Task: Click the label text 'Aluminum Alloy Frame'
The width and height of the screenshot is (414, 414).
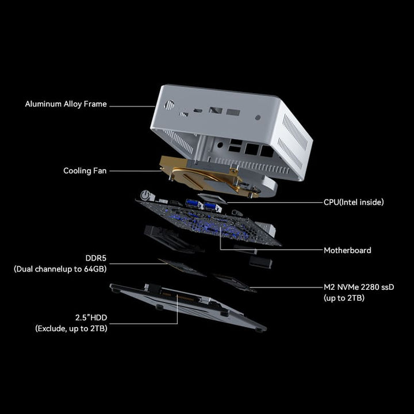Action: point(66,105)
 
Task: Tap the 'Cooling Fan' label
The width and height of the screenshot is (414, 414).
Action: point(85,171)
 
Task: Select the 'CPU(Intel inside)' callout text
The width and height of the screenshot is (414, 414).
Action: point(354,202)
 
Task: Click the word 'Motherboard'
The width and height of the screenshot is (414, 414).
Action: point(347,250)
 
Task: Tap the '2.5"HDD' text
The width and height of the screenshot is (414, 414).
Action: point(90,317)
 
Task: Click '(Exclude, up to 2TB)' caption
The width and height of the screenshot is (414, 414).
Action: point(71,328)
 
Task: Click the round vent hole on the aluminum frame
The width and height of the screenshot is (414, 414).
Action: point(170,105)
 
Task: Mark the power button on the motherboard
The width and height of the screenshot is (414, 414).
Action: point(147,195)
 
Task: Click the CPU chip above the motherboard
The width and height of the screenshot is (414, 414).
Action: point(212,197)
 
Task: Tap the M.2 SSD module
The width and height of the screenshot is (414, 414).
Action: point(233,282)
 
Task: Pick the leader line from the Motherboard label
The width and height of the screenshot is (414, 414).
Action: point(270,250)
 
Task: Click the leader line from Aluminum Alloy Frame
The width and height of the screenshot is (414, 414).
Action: point(132,105)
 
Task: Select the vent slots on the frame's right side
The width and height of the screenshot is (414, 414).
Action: point(297,139)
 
